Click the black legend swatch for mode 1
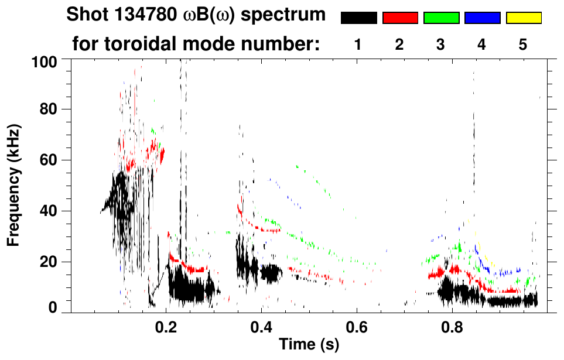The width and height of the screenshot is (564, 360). click(x=358, y=18)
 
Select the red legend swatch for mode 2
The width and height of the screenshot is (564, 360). click(x=399, y=18)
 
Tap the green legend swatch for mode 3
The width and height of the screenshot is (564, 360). click(x=440, y=18)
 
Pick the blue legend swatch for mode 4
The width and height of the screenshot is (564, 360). click(x=482, y=18)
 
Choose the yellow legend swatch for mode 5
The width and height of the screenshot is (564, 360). click(x=523, y=18)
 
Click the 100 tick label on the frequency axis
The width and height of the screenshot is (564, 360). click(x=42, y=60)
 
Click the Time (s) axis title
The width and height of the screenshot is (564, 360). click(x=308, y=345)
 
